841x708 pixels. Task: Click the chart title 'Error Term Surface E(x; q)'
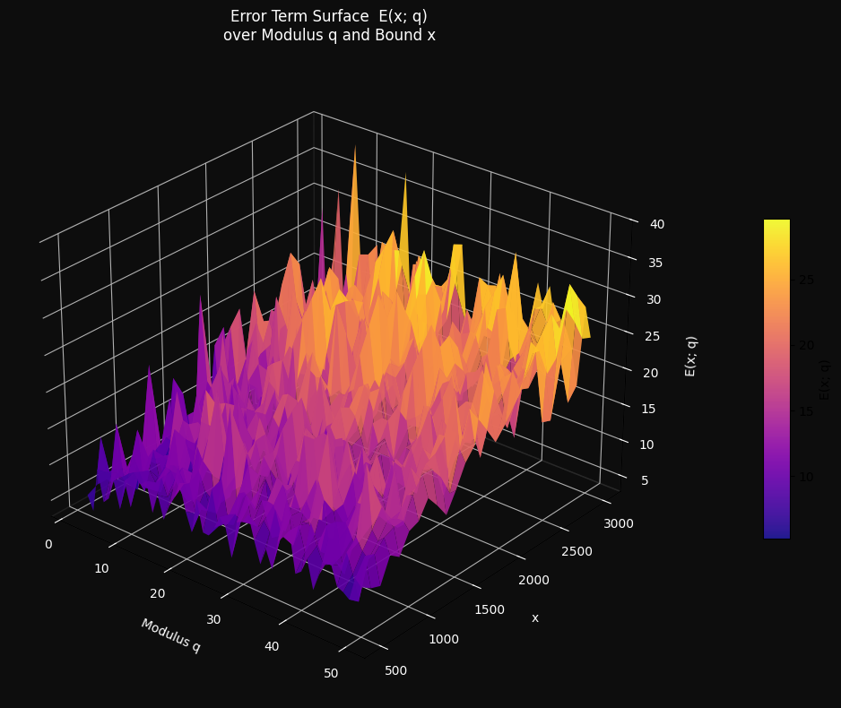pos(329,16)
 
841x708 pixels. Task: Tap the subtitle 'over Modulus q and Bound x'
pos(329,36)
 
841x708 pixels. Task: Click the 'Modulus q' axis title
pos(170,635)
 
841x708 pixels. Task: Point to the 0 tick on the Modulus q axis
pos(48,545)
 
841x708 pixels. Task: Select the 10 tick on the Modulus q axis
pos(101,568)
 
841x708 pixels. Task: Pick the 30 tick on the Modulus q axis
pos(214,619)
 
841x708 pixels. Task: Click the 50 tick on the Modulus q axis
pos(331,673)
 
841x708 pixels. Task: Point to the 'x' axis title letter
pos(535,617)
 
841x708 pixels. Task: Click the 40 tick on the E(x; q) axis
pos(657,225)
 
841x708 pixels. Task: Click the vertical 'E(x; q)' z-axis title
pos(691,356)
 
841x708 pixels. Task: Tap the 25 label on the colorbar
pos(806,280)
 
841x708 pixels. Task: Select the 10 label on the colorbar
pos(806,476)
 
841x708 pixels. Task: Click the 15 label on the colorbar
pos(806,410)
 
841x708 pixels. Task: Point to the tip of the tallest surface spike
pos(355,146)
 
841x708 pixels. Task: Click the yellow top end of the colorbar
pos(776,223)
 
